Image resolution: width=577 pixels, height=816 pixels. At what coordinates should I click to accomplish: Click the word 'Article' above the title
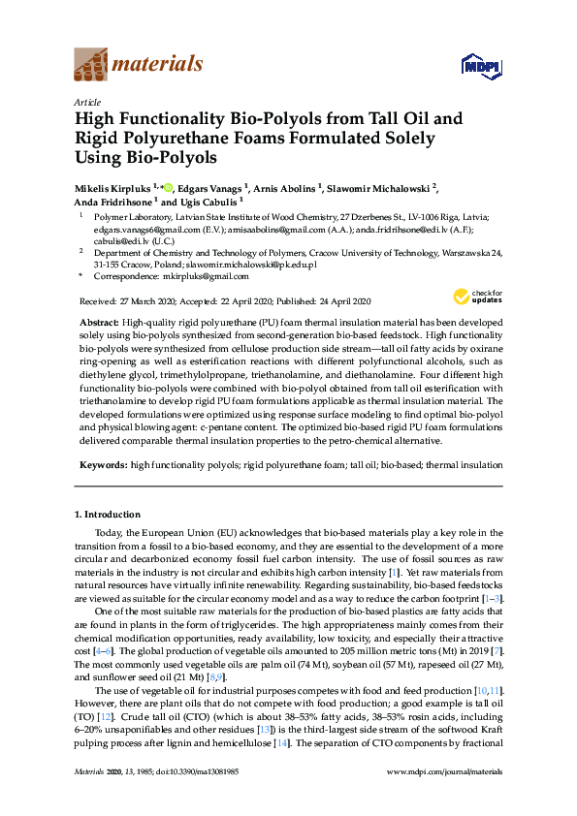[86, 102]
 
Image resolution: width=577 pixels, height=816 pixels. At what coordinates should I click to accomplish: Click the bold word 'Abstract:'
[99, 320]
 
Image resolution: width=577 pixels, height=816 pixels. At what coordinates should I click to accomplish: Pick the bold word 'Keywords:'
[102, 465]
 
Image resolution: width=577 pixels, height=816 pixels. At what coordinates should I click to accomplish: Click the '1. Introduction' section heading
[107, 514]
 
